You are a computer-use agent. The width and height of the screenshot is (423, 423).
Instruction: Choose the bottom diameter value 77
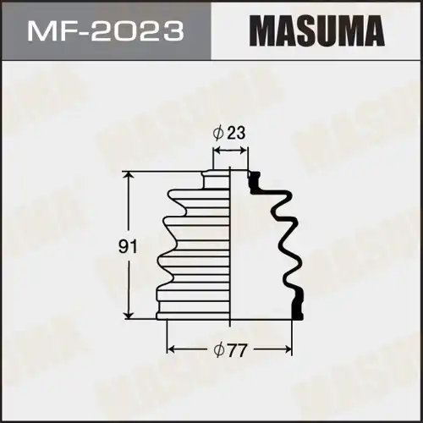coord(241,349)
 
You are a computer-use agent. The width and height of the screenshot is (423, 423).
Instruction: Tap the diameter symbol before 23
coord(219,132)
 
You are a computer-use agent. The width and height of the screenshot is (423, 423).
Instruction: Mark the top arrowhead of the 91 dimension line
coord(129,174)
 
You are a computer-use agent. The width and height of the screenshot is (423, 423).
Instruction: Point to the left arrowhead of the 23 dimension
coord(215,151)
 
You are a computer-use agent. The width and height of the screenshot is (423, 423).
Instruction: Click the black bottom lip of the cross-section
coord(297,306)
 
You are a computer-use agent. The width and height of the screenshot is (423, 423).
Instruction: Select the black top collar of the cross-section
coord(251,177)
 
